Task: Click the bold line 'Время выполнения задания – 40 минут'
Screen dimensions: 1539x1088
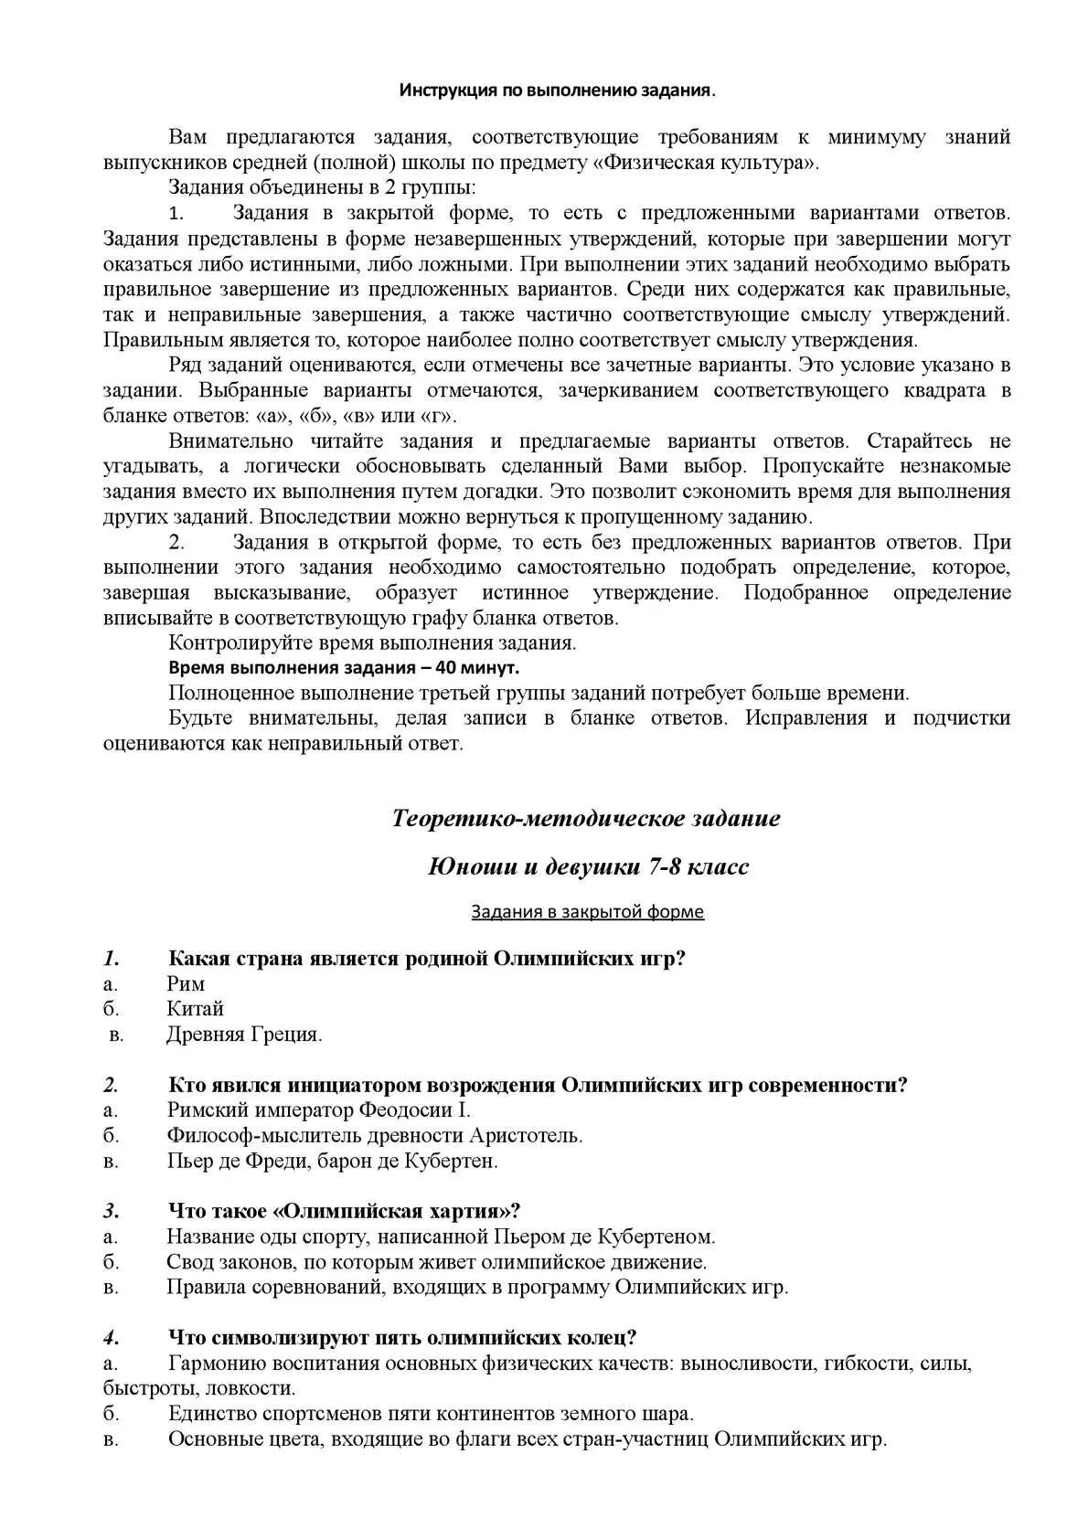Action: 345,667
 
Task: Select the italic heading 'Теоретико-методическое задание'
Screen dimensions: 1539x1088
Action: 586,818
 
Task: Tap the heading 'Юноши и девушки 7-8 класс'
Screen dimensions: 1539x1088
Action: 588,866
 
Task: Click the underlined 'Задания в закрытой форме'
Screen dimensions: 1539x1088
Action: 587,911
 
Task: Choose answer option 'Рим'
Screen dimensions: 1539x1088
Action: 186,984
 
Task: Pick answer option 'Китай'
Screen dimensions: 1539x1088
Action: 196,1009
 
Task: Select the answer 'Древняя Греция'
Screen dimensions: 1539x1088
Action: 244,1035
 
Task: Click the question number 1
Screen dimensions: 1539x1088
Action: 112,959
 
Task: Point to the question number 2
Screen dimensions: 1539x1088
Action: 112,1085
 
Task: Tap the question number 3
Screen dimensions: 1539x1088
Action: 112,1211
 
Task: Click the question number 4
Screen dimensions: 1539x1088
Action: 112,1337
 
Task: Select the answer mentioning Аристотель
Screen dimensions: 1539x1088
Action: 375,1136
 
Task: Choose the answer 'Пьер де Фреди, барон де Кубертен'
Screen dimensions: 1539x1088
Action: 333,1162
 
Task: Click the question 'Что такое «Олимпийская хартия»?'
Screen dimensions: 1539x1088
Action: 344,1211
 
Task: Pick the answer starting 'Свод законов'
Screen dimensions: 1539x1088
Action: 436,1262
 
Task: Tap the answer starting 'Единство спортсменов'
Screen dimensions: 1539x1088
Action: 431,1414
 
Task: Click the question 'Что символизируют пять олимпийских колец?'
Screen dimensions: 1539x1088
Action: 402,1337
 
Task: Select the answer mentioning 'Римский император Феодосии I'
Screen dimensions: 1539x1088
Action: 318,1110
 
